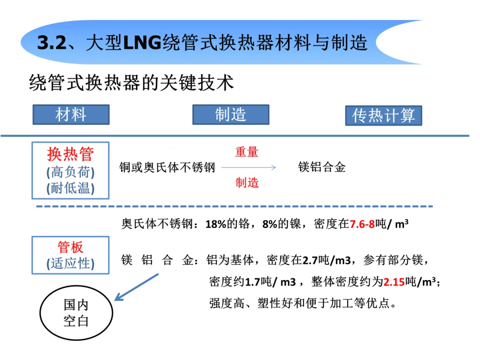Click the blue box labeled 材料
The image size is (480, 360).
tap(71, 115)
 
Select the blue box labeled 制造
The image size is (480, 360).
tap(231, 115)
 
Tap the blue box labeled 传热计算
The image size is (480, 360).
tap(383, 116)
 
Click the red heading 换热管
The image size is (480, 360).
tap(71, 154)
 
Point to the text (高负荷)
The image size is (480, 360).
tap(71, 172)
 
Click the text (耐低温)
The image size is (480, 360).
tap(71, 188)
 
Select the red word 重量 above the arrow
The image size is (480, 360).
tap(247, 152)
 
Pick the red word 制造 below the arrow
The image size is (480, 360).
tap(247, 182)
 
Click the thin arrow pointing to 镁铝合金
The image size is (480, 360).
tap(249, 168)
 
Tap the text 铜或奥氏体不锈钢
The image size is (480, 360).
tap(167, 168)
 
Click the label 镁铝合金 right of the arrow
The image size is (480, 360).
tap(322, 168)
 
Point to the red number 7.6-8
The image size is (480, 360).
tap(362, 224)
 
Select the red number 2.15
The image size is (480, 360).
tap(394, 282)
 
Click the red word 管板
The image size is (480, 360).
tap(71, 247)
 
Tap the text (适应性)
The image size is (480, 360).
tap(71, 263)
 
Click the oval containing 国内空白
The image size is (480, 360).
tap(76, 313)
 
